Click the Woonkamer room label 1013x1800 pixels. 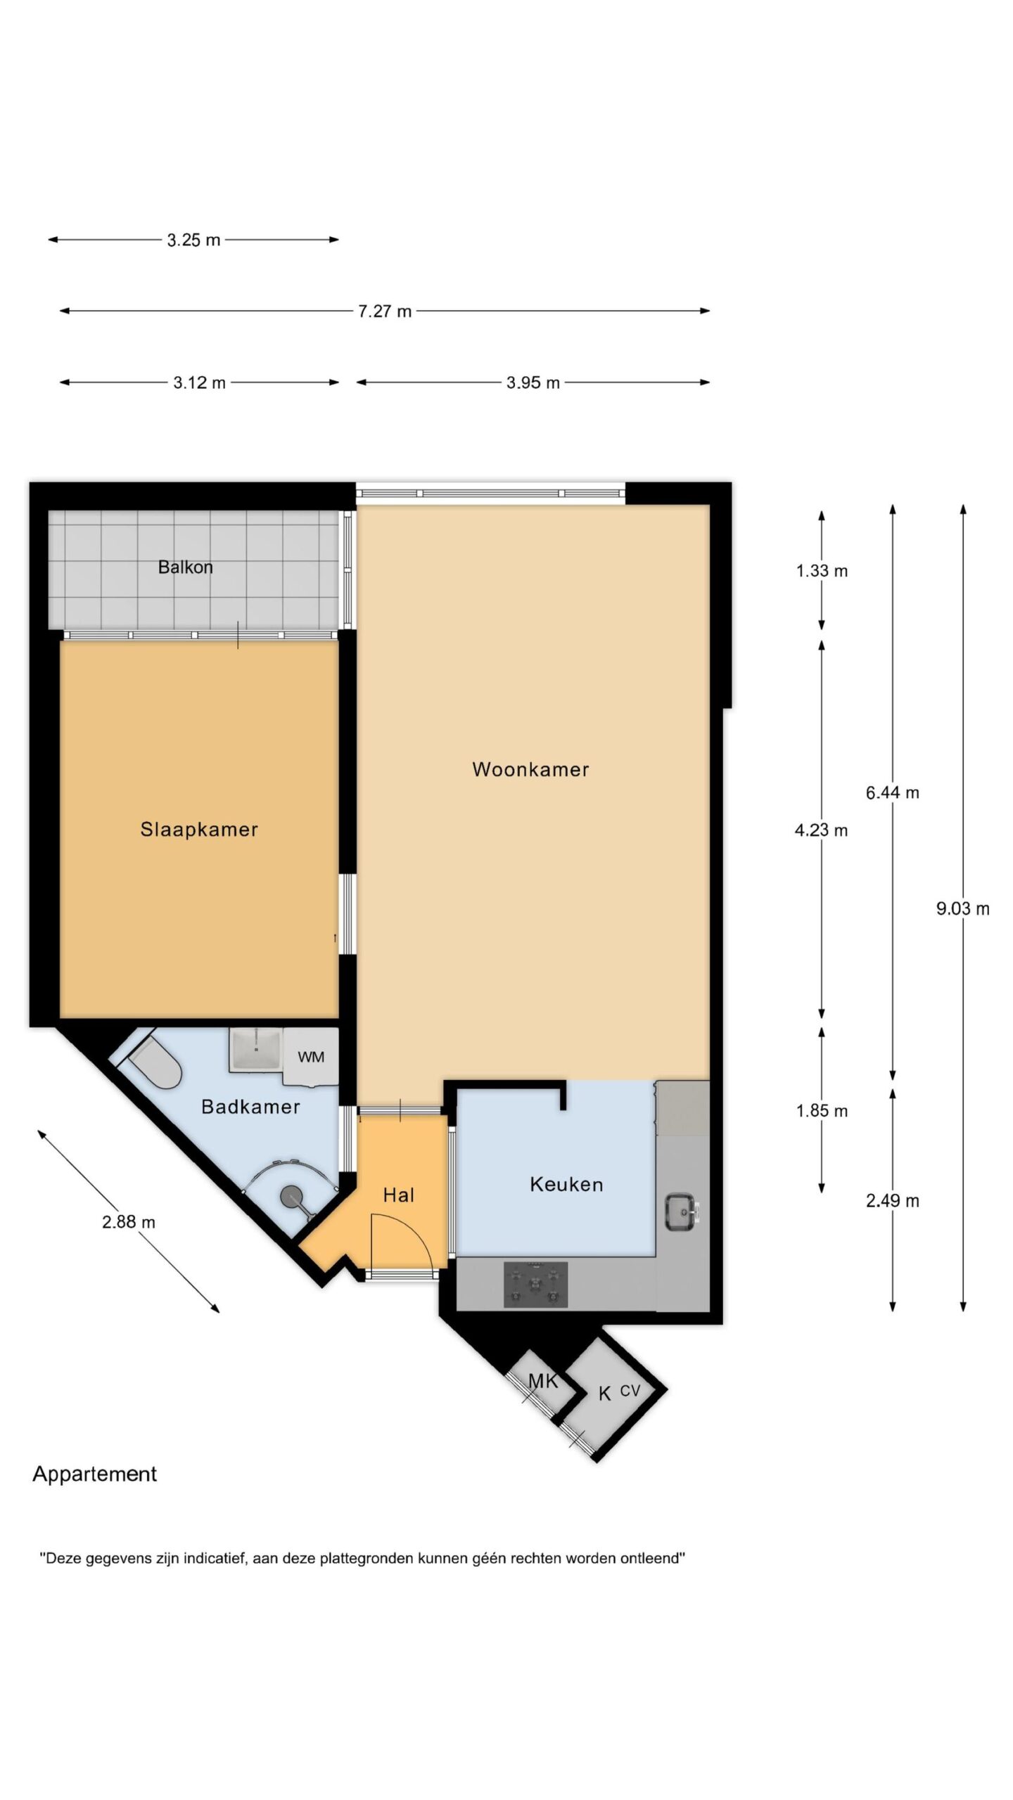(530, 769)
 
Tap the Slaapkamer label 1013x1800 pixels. (199, 830)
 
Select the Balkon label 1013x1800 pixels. (185, 567)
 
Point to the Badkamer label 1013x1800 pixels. (250, 1107)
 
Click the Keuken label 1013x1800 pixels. (566, 1185)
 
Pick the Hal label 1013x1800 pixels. (399, 1195)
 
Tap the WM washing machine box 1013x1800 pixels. (311, 1056)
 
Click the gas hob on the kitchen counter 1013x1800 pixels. (535, 1285)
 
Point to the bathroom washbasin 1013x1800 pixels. (256, 1050)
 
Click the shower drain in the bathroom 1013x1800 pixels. (291, 1195)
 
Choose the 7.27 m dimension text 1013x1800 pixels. (385, 311)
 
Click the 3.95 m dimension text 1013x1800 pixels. (533, 383)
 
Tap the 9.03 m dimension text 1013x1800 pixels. (962, 908)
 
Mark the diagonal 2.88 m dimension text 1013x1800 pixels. (129, 1222)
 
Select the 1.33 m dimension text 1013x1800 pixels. (822, 571)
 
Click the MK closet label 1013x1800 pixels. (543, 1381)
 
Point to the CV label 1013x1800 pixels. (630, 1390)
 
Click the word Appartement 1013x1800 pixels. (95, 1474)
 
